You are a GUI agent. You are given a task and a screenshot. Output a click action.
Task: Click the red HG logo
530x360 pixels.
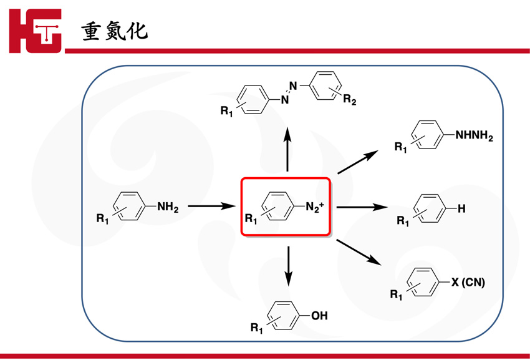[36, 31]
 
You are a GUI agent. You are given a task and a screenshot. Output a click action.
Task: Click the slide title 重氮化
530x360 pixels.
[116, 31]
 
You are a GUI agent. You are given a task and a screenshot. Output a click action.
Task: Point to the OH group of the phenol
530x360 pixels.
[319, 316]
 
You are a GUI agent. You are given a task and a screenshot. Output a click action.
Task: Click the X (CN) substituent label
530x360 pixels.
[468, 283]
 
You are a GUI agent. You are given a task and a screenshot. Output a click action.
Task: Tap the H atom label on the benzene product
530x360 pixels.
[461, 209]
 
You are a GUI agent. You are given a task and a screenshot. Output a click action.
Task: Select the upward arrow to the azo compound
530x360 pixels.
[287, 149]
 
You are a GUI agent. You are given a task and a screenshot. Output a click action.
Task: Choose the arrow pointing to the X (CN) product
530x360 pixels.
[359, 252]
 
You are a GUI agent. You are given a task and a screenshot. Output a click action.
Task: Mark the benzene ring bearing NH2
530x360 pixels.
[130, 205]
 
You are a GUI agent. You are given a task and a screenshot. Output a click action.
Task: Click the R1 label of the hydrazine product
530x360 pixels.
[401, 147]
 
